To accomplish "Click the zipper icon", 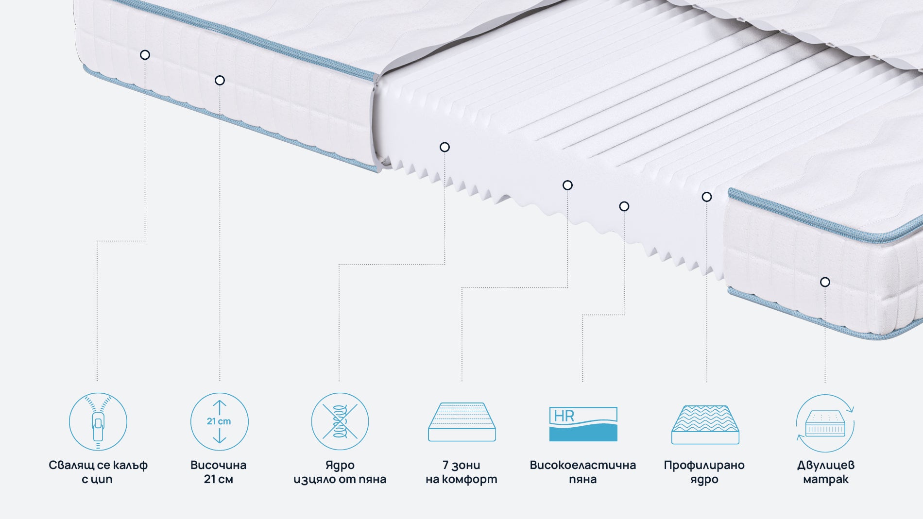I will tap(98, 421).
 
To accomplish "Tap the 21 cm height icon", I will tap(219, 421).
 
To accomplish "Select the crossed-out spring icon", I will tap(340, 421).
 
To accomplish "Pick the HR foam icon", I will tap(583, 424).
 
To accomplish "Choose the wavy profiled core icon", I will tap(705, 424).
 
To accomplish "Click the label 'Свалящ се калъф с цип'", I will tap(98, 472).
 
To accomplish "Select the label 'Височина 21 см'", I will tap(219, 472).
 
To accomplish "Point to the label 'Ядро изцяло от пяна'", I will tap(340, 472).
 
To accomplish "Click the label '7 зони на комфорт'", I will tap(461, 472).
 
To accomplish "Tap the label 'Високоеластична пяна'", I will tap(582, 472).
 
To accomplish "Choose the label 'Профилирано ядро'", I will tap(704, 472).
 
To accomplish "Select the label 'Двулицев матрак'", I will tap(825, 472).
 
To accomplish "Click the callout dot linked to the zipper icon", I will tap(145, 55).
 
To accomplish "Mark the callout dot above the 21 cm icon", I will tap(220, 80).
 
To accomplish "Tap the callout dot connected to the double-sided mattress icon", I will tap(825, 282).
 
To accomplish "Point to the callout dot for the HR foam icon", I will tap(624, 206).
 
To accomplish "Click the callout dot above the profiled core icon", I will tap(707, 197).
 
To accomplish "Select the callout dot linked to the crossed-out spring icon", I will tap(444, 147).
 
